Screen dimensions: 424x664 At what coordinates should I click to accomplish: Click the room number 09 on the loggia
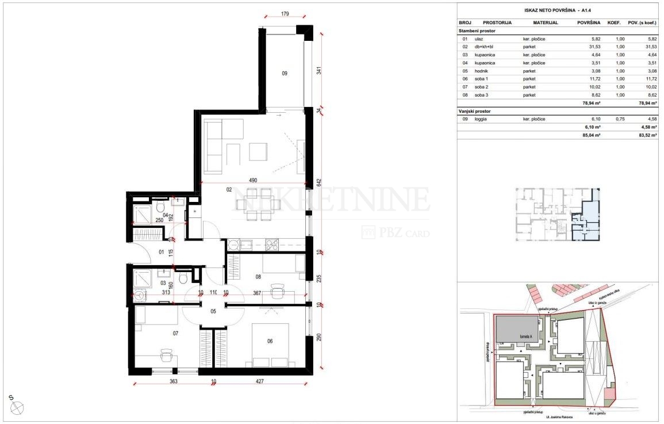(x=284, y=73)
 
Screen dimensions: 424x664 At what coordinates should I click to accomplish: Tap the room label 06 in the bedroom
(x=270, y=341)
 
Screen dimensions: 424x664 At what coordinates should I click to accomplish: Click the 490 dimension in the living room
(x=252, y=179)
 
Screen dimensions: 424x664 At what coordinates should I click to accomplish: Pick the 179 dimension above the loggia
(x=284, y=14)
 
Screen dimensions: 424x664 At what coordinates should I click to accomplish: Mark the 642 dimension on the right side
(x=319, y=182)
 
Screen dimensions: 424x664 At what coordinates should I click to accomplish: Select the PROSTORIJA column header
(x=498, y=22)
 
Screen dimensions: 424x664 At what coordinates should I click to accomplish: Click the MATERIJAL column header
(x=546, y=22)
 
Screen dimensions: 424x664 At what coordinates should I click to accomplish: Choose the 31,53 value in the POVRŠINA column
(x=593, y=47)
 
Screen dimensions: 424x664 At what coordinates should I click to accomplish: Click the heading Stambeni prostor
(x=477, y=30)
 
